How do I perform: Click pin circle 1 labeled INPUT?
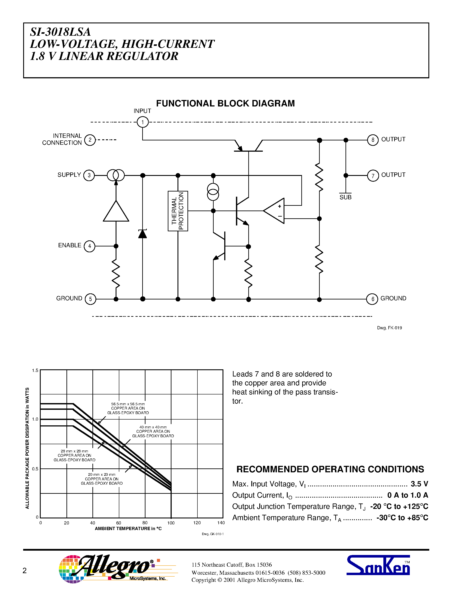pos(142,122)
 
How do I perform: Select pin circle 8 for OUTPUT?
pos(373,140)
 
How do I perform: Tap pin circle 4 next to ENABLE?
pos(89,246)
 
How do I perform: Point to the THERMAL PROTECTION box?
pos(178,211)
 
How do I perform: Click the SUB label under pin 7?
pos(345,197)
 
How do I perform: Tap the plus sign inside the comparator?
pos(279,206)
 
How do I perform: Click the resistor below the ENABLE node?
pos(116,273)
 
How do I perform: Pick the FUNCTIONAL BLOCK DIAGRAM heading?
pos(225,103)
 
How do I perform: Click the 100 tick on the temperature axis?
pos(171,523)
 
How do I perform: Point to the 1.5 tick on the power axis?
pos(35,370)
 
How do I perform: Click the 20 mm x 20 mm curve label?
pos(102,479)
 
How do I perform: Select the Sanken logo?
pos(378,565)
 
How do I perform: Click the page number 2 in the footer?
pos(24,571)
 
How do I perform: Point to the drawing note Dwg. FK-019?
pos(389,328)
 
